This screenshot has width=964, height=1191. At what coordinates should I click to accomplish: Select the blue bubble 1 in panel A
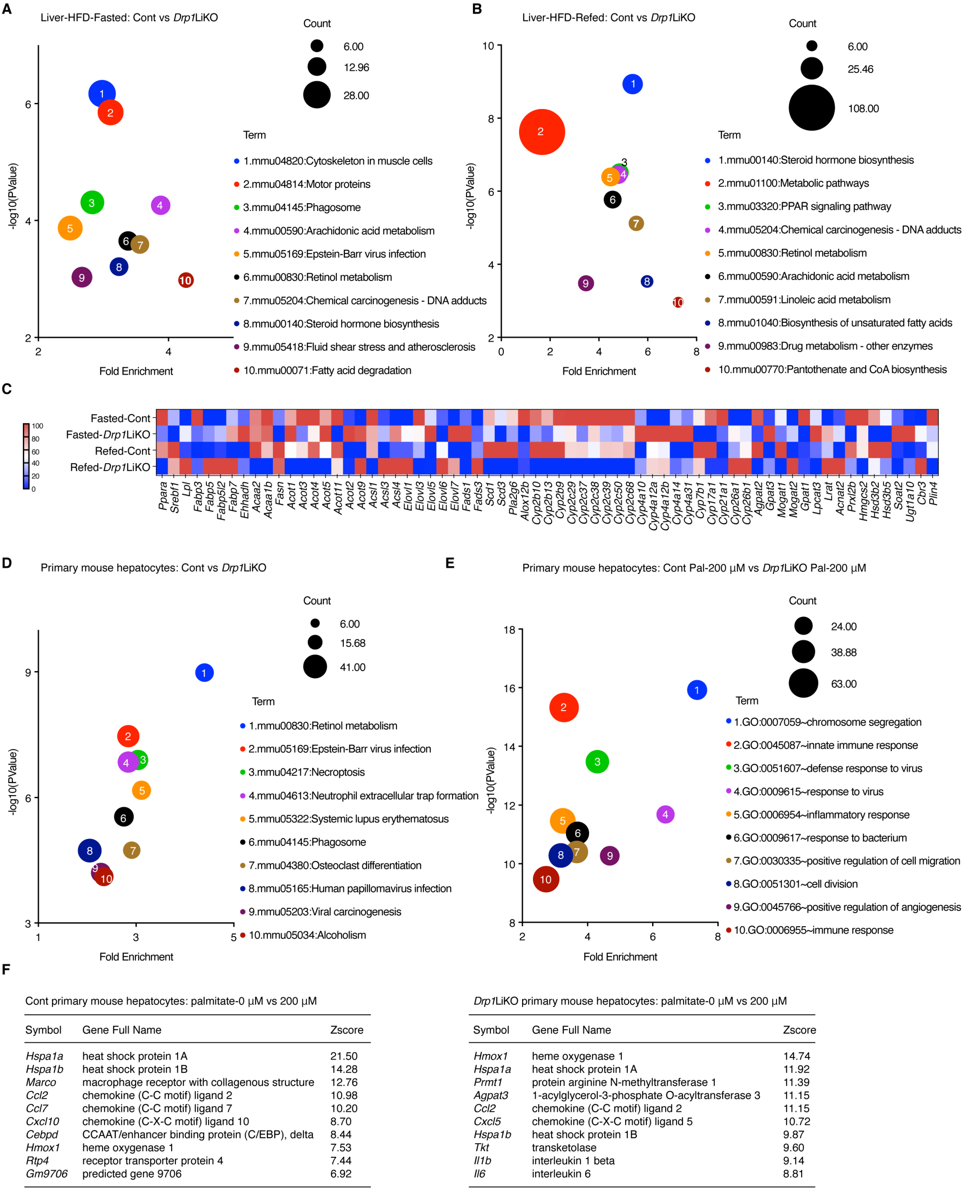101,94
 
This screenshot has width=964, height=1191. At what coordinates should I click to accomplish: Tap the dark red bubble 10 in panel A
186,280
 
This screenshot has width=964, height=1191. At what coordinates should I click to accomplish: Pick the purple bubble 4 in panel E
665,815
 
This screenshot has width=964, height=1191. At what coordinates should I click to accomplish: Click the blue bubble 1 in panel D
204,673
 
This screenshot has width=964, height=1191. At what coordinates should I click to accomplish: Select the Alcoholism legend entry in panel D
307,935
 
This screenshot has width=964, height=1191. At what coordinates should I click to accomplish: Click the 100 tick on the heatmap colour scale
37,426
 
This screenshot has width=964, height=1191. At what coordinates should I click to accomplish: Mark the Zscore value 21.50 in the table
344,1056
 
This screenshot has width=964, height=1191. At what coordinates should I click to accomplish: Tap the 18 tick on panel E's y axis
509,630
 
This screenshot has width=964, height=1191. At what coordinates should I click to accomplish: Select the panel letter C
7,389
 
